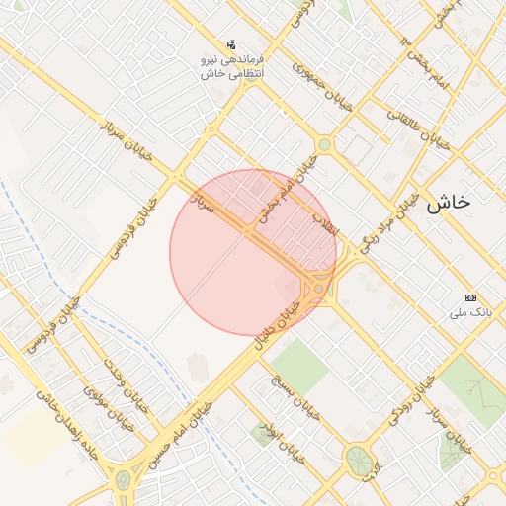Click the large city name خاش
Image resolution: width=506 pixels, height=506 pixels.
click(448, 204)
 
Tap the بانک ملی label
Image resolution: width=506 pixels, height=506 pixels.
click(470, 313)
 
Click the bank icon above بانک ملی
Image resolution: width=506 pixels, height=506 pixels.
click(470, 298)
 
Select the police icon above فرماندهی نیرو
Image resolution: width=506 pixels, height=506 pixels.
click(231, 44)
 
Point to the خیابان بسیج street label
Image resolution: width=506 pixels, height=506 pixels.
click(296, 395)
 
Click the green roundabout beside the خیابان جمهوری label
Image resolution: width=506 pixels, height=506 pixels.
click(324, 145)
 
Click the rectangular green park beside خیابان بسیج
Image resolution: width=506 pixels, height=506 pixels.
click(299, 363)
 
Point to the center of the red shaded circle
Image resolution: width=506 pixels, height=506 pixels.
click(253, 252)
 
